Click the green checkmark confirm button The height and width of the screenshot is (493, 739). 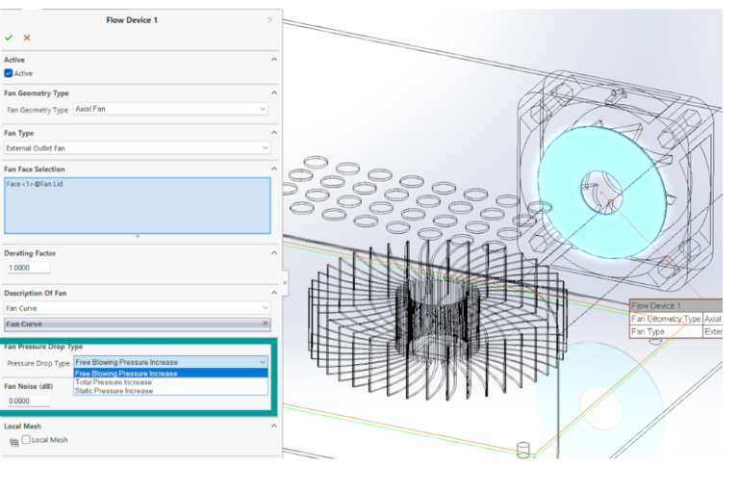coord(9,38)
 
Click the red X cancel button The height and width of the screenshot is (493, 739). coord(27,38)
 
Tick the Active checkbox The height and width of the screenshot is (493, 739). coord(9,73)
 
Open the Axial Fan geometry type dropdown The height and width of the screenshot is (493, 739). coord(170,109)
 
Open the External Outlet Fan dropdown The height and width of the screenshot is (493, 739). coord(137,147)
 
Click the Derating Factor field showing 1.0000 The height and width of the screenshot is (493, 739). coord(27,268)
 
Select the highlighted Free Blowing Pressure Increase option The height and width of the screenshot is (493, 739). coord(126,374)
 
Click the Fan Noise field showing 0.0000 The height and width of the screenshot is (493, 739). coord(27,401)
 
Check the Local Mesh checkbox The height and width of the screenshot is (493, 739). coord(27,440)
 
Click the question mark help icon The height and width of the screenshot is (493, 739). coord(268,20)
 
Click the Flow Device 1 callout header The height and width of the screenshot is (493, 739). coord(656,305)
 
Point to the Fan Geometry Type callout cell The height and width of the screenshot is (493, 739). coord(665,319)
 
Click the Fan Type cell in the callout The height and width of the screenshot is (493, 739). coord(650,331)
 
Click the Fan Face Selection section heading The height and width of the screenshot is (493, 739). coord(35,169)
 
